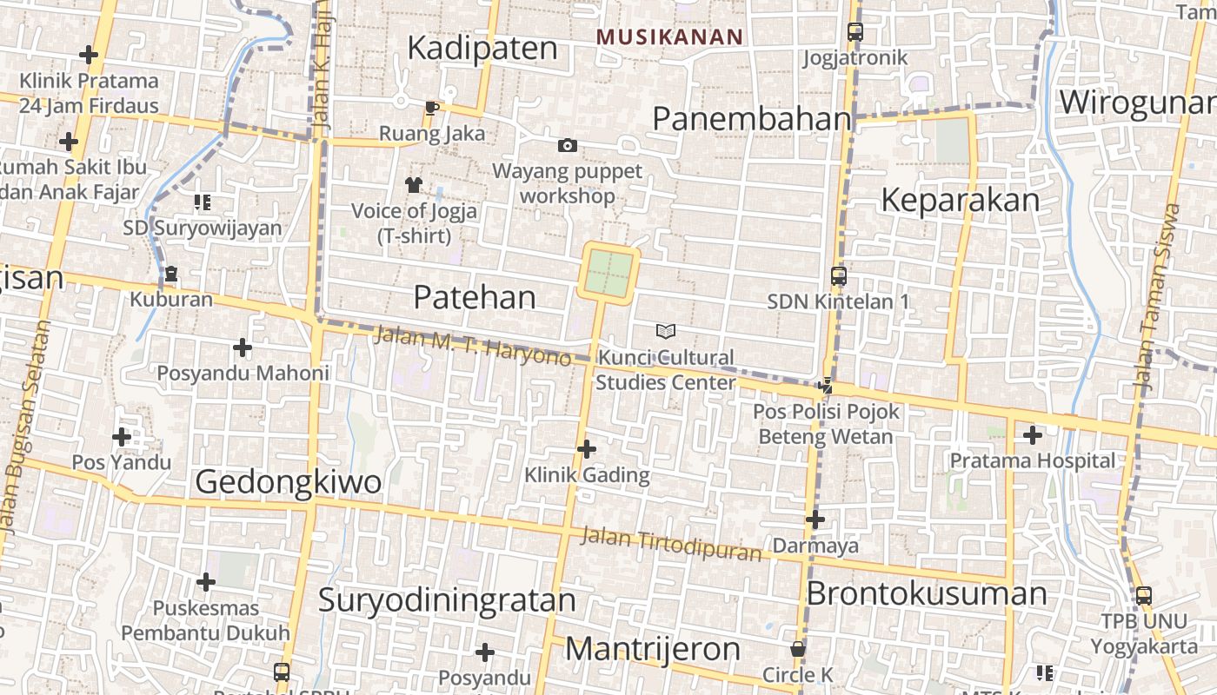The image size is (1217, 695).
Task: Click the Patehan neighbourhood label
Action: tap(475, 297)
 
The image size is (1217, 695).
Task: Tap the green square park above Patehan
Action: tap(608, 273)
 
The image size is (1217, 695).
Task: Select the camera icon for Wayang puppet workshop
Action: tap(567, 145)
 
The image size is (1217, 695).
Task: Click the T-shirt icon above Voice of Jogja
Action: tap(413, 184)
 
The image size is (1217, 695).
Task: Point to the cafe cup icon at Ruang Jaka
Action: tap(431, 108)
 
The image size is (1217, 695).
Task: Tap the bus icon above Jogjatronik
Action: tap(855, 32)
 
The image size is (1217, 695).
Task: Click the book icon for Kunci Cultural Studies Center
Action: tap(666, 331)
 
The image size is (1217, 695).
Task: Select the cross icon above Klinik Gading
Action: tap(587, 449)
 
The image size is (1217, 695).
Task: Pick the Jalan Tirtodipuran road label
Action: tap(670, 544)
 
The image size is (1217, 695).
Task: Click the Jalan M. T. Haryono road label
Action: tap(472, 345)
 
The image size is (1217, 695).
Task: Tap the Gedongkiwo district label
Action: tap(288, 481)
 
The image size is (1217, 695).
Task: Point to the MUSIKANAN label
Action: tap(669, 36)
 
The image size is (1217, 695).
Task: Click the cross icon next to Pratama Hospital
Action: tap(1033, 434)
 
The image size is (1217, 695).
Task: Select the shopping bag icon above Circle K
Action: tap(797, 649)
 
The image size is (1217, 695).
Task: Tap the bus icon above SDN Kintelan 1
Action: tap(838, 276)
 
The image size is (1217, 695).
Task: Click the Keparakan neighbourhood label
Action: tap(960, 200)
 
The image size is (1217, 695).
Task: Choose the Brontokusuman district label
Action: tap(927, 593)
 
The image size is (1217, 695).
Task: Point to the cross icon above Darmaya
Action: tap(815, 520)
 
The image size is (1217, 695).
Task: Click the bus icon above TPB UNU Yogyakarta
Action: tap(1144, 596)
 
